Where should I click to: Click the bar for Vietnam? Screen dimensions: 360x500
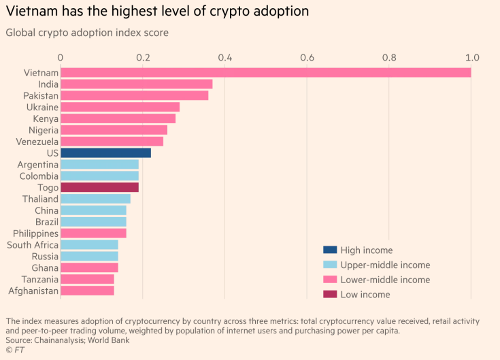coord(265,73)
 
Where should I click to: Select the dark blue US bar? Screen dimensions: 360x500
coord(105,153)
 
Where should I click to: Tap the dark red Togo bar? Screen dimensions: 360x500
coord(99,187)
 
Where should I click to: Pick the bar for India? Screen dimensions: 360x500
coord(136,84)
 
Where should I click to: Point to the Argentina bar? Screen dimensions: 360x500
coord(99,165)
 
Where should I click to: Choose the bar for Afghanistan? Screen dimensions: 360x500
coord(87,291)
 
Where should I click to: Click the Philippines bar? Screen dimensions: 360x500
coord(93,233)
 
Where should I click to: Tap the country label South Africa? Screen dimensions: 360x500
coord(33,245)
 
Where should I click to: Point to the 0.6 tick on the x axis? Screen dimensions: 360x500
coord(307,57)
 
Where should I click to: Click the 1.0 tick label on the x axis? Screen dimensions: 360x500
coord(471,57)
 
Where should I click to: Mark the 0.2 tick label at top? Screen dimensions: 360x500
coord(143,57)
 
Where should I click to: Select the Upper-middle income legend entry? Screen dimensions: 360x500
coord(385,265)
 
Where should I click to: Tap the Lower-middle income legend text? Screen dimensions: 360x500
coord(385,280)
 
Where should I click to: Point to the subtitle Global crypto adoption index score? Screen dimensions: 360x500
coord(87,33)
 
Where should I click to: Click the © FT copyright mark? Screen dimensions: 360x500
coord(14,349)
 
